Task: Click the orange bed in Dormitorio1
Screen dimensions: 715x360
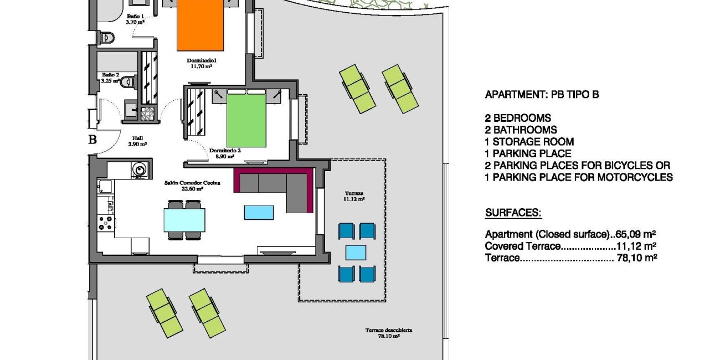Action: (x=200, y=25)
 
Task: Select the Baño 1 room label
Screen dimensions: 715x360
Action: (x=135, y=19)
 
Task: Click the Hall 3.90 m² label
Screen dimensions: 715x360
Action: (x=137, y=141)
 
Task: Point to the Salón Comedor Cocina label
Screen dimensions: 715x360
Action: (x=192, y=186)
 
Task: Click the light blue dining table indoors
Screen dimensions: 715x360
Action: (x=184, y=220)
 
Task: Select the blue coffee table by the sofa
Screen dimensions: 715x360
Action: (x=259, y=213)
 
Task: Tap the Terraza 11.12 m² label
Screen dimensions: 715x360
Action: (x=354, y=196)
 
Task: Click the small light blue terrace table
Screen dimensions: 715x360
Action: (x=356, y=253)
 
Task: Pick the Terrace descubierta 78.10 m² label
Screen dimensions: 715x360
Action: (x=389, y=333)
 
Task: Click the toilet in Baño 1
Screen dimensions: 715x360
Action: (x=107, y=37)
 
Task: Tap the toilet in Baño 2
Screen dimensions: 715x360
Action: (x=128, y=82)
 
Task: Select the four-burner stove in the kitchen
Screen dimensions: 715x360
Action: (x=106, y=223)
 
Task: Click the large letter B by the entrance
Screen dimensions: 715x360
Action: (x=92, y=140)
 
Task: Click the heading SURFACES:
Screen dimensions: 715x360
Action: (x=513, y=213)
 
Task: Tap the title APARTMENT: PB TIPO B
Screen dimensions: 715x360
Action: (x=542, y=95)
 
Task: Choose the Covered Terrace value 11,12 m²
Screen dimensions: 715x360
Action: (x=636, y=246)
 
